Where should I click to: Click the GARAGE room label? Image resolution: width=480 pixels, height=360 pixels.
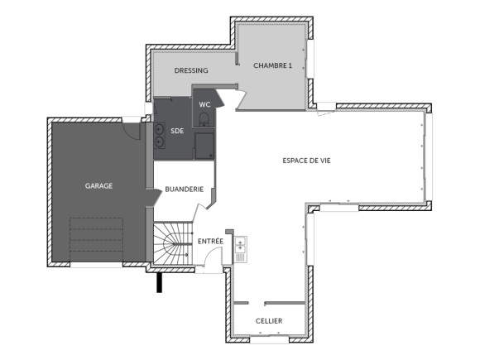[98, 186]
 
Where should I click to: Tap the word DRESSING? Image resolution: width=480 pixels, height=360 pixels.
[191, 70]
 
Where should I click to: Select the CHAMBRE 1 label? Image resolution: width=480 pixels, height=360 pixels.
[273, 65]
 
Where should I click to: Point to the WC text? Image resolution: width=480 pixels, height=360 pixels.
[205, 104]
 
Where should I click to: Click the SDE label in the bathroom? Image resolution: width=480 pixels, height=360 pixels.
[177, 131]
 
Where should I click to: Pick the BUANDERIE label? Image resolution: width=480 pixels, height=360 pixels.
[184, 189]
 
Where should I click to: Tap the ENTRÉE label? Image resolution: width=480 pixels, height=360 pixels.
[210, 241]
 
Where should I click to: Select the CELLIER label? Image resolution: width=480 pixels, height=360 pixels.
[268, 321]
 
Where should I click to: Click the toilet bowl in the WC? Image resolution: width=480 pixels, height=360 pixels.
[204, 122]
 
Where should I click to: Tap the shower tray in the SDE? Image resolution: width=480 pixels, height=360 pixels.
[204, 146]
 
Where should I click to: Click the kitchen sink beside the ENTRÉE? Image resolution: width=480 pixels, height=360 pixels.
[241, 246]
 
